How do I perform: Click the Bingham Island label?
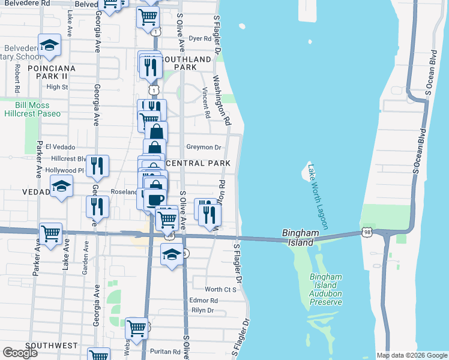[x=298, y=238]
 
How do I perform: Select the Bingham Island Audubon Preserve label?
[x=325, y=289]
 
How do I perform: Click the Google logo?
[x=20, y=353]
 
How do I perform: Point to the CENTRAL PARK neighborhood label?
[x=197, y=163]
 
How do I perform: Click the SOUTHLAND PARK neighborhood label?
[x=187, y=63]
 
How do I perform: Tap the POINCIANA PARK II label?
[x=51, y=72]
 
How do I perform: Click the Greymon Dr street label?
[x=203, y=147]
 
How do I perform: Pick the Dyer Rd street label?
[x=200, y=38]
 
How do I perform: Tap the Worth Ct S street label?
[x=220, y=289]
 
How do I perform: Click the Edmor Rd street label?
[x=203, y=300]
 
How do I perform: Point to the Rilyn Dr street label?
[x=202, y=310]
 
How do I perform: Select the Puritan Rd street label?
[x=166, y=352]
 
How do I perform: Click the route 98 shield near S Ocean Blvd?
[x=367, y=232]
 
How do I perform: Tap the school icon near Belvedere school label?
[x=49, y=44]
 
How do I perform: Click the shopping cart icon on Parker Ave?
[x=50, y=233]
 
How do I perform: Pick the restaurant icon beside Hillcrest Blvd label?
[x=97, y=165]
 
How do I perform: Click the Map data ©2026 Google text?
[x=411, y=355]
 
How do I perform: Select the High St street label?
[x=57, y=87]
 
